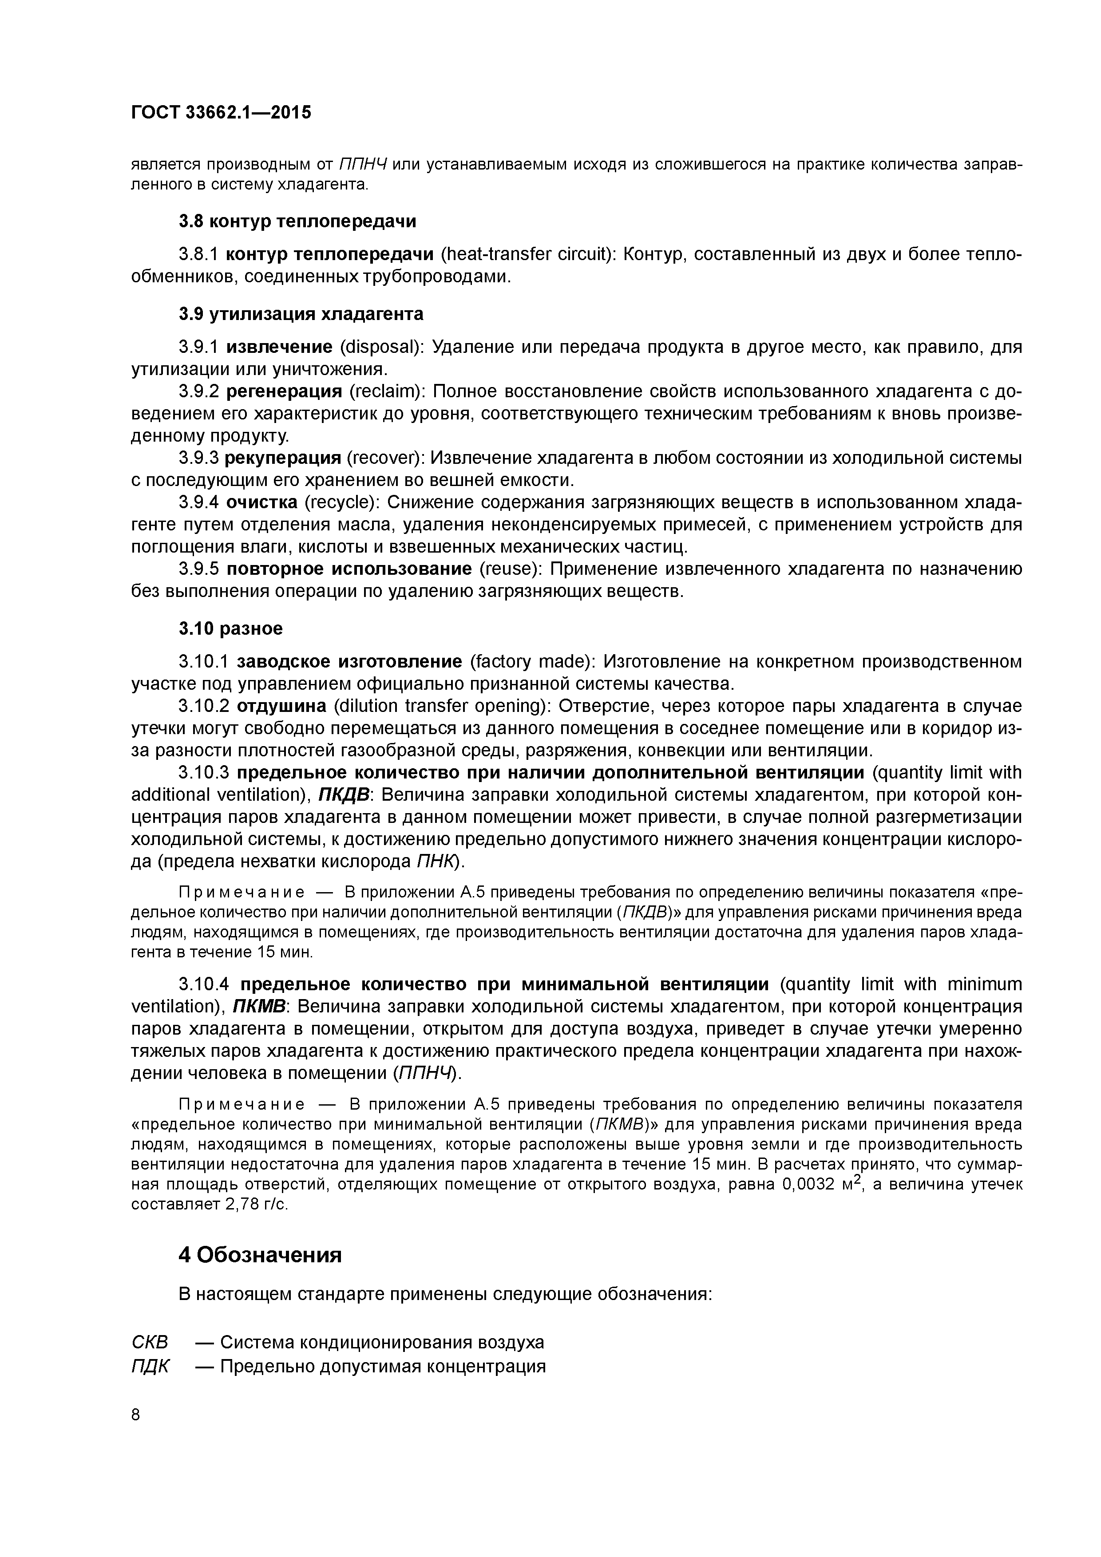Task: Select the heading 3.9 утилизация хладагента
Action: click(301, 314)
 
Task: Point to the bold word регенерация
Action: click(284, 391)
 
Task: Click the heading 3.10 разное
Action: click(231, 628)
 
